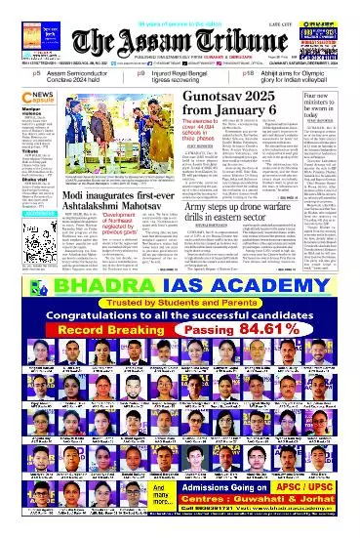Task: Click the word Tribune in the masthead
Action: point(223,38)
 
